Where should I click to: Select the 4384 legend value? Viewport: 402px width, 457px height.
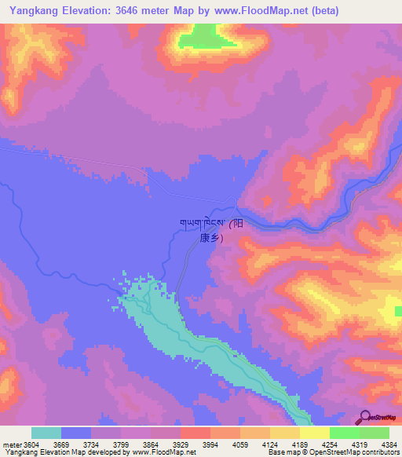(x=390, y=444)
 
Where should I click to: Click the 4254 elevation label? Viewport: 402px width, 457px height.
(x=330, y=444)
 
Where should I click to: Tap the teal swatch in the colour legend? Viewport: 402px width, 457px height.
(x=46, y=433)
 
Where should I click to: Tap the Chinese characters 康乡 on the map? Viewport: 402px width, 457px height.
(x=211, y=237)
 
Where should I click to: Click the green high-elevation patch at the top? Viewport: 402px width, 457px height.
(x=203, y=35)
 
